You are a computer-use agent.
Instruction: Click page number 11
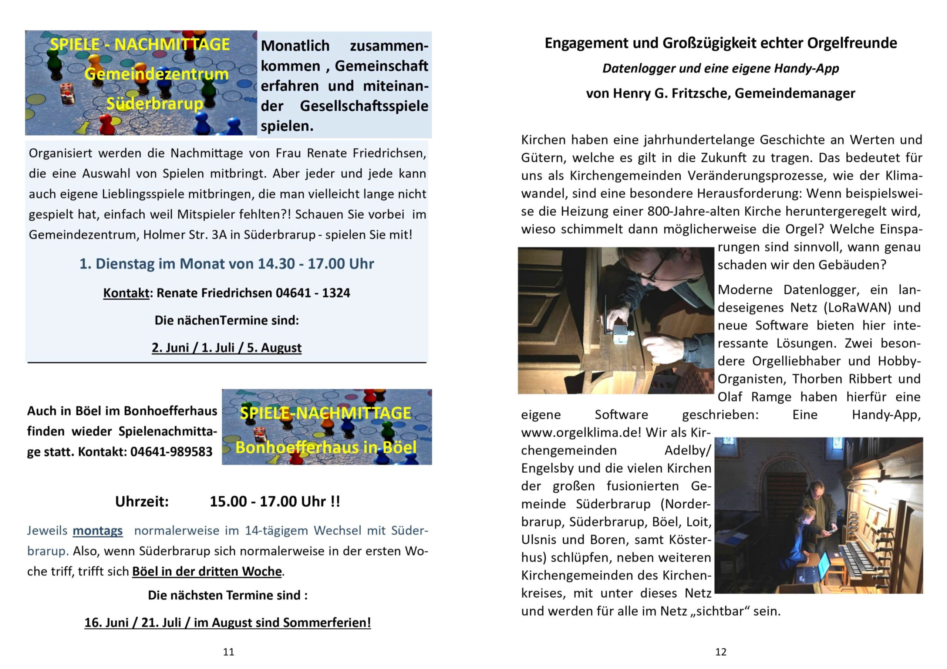tap(228, 652)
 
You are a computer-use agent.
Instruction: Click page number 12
tap(721, 652)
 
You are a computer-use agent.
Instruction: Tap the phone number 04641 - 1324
tap(313, 293)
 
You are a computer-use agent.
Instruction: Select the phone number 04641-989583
tap(171, 452)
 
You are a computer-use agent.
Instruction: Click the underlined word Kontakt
tap(126, 293)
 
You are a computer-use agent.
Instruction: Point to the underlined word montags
tap(97, 530)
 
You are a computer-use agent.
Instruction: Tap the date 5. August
tap(274, 348)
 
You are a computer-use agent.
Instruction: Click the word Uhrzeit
tap(142, 501)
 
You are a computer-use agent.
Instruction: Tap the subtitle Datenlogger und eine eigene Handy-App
tap(721, 68)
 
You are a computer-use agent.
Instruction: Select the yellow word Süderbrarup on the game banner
tap(155, 104)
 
